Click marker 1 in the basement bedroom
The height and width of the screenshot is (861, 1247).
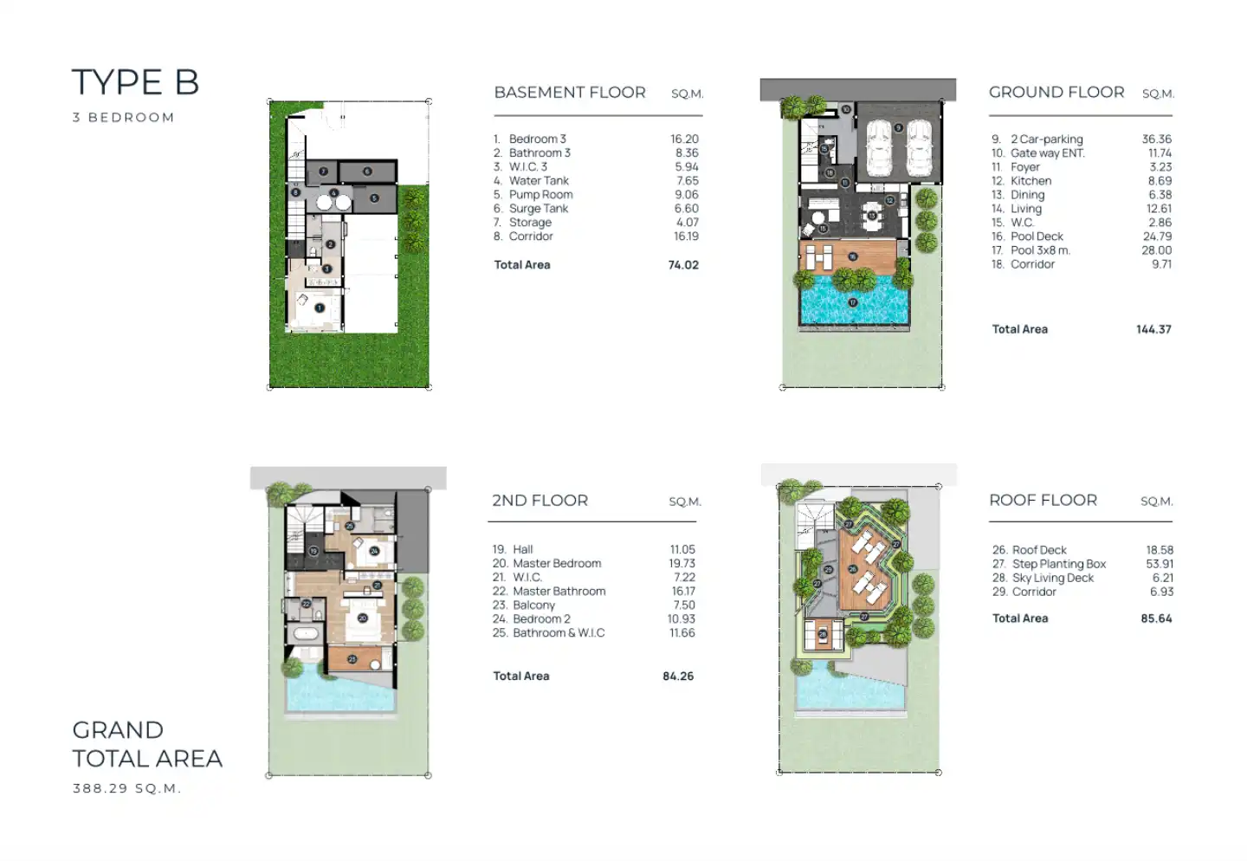tap(320, 308)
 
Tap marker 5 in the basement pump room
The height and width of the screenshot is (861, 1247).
tap(375, 198)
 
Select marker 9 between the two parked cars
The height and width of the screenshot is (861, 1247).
tap(898, 128)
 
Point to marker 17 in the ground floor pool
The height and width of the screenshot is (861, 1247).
tap(853, 302)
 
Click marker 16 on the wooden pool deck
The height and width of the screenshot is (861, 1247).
tap(852, 256)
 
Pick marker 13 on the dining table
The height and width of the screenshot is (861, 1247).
tap(872, 215)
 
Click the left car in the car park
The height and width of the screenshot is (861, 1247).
tap(879, 147)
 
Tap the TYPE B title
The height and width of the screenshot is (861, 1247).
tap(135, 82)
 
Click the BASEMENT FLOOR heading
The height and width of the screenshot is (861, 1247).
tap(570, 92)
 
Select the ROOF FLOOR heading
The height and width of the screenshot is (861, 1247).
tap(1043, 500)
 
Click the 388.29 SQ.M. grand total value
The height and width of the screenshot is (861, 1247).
tap(126, 788)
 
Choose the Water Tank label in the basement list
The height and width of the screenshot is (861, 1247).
tap(539, 180)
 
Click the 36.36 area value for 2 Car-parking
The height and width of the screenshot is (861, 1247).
tap(1157, 139)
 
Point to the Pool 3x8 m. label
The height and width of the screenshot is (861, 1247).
tap(1040, 250)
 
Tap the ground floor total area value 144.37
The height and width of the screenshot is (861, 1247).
tap(1153, 329)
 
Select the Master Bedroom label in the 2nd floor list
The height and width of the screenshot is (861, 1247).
tap(557, 563)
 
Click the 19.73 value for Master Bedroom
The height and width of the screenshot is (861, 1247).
tap(682, 563)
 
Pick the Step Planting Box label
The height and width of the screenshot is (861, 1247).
tap(1059, 564)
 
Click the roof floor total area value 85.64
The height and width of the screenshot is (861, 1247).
tap(1156, 618)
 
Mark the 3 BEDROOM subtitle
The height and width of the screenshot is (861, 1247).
tap(124, 118)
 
